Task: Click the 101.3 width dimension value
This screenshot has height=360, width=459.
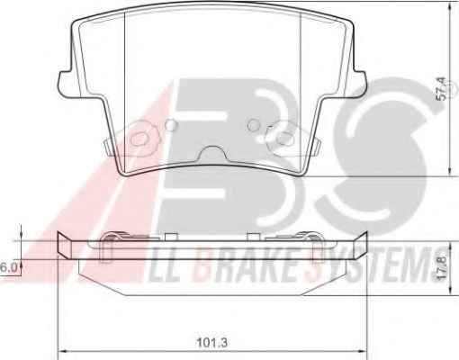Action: [212, 342]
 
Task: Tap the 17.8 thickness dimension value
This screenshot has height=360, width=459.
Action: [444, 268]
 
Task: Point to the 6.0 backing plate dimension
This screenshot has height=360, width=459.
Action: [8, 267]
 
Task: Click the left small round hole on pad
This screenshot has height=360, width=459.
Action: [172, 124]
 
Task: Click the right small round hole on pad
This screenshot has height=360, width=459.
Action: [254, 124]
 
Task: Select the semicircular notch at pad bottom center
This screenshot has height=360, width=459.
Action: [212, 153]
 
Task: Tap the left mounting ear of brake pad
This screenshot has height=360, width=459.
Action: [65, 84]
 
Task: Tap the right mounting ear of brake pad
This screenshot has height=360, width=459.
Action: [359, 84]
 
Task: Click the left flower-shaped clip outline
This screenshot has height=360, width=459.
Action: [140, 139]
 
